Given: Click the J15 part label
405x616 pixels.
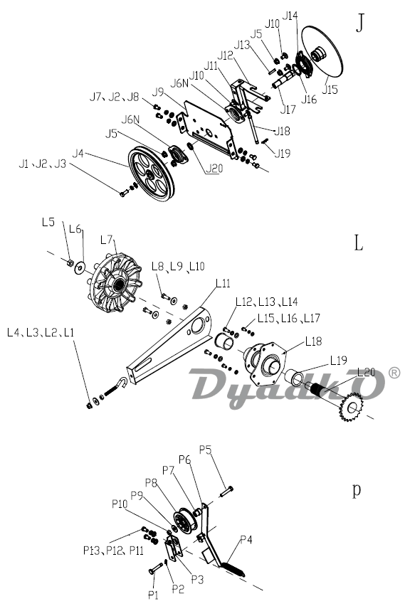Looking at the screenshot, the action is [x=330, y=89].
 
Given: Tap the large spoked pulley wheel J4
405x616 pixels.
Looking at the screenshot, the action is [x=151, y=174].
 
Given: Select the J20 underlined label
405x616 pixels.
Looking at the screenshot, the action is [x=214, y=168].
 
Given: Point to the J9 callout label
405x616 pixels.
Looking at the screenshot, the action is [x=158, y=92].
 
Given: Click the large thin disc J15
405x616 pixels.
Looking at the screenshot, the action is [x=322, y=51].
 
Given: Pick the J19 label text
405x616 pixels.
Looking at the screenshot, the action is [x=282, y=153].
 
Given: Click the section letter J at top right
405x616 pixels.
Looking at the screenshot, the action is [x=359, y=23].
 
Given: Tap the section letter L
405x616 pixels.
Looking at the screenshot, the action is [x=358, y=243].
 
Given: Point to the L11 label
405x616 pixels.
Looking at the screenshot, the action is [x=223, y=283].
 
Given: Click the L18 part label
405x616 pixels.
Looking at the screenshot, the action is [x=313, y=341].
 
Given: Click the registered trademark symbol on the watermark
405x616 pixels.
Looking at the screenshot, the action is [x=394, y=373].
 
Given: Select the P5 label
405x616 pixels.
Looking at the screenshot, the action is [x=205, y=450].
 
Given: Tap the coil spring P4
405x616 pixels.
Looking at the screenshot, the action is [x=232, y=569].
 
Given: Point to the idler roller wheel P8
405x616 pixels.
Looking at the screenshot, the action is [x=184, y=521].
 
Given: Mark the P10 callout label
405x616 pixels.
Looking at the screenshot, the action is [x=120, y=504].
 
